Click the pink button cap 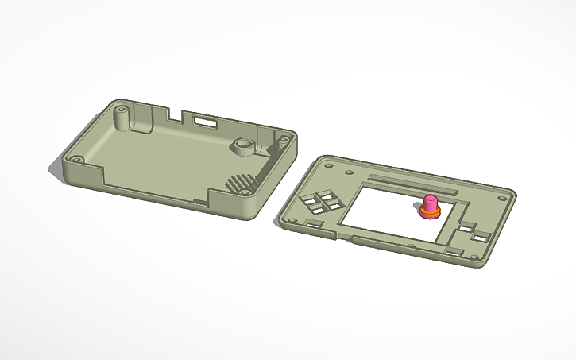click(x=430, y=202)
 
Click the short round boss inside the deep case click(x=242, y=147)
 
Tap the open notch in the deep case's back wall click(x=178, y=116)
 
